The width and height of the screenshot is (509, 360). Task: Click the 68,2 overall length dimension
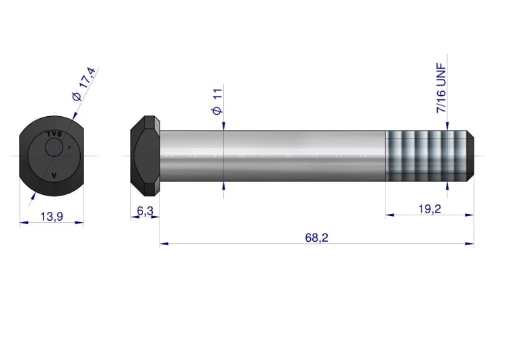316,238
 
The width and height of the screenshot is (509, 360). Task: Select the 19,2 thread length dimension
430,209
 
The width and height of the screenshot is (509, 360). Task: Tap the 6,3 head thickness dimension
145,211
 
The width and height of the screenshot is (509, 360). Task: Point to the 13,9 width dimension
52,217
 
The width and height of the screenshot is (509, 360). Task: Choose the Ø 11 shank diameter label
217,101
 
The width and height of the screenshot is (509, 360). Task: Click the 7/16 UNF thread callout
442,88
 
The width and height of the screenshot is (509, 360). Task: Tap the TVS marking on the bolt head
54,134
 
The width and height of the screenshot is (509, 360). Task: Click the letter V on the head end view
54,175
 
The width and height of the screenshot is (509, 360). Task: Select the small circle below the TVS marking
54,147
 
